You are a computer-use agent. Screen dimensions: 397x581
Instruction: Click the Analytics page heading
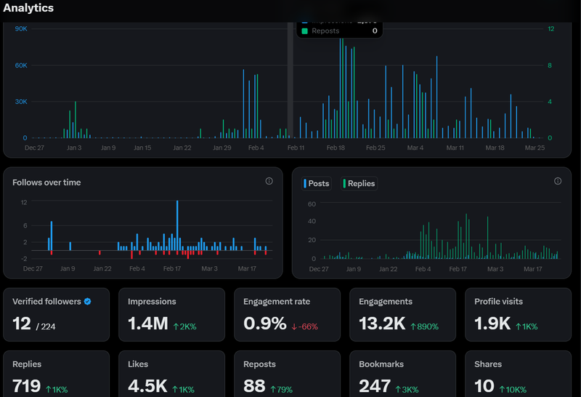click(28, 8)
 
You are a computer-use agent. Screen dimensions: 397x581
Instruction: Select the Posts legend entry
click(317, 183)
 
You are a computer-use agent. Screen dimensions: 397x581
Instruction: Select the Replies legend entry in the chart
click(359, 183)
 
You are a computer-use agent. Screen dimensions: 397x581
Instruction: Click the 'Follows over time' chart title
click(46, 183)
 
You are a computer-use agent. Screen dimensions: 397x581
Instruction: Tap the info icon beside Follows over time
click(269, 181)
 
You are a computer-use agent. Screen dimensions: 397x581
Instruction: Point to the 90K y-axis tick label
click(20, 28)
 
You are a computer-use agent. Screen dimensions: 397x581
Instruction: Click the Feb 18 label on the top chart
click(336, 148)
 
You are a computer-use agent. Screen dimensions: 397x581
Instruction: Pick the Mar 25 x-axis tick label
click(535, 148)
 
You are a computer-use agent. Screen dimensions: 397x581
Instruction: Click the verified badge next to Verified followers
click(87, 301)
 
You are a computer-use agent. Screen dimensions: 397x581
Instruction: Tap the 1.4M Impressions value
click(147, 324)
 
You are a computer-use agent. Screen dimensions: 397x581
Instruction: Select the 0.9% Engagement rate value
click(264, 324)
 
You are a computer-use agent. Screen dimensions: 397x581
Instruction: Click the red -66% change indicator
click(305, 326)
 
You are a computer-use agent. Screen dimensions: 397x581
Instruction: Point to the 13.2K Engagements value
click(382, 324)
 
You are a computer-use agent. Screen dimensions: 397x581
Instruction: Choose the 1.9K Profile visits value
click(492, 324)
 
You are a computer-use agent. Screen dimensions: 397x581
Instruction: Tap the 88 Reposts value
click(254, 385)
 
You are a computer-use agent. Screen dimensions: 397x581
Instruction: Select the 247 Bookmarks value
click(375, 385)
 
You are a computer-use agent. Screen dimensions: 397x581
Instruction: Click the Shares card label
click(488, 364)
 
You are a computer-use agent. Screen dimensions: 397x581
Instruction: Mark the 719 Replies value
click(27, 385)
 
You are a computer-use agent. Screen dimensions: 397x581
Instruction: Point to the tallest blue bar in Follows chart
click(177, 225)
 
